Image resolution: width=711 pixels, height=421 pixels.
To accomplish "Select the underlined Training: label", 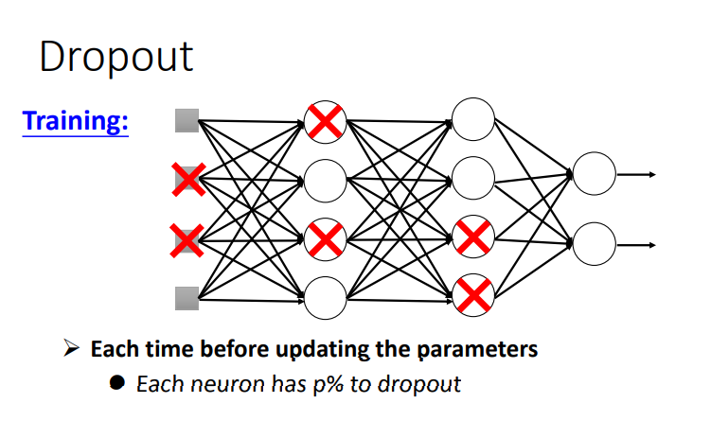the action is point(76,122).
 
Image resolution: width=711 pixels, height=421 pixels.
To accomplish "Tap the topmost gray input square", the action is point(187,121).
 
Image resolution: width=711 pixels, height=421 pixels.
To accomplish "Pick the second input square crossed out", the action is point(187,179).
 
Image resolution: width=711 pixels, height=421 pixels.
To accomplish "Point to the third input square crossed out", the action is point(187,239).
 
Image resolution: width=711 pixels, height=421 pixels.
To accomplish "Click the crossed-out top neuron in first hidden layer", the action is point(325,121).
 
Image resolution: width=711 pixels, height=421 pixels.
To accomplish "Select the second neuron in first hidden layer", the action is point(325,179).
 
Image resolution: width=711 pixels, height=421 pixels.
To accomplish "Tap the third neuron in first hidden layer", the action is point(325,238).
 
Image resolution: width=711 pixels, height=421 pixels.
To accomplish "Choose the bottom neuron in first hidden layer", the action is point(325,297).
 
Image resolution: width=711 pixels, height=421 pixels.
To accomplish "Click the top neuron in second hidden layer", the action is point(473,119).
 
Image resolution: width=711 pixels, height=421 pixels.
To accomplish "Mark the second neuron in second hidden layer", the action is point(473,178).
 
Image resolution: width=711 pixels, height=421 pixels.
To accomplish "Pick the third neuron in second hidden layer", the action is point(473,237).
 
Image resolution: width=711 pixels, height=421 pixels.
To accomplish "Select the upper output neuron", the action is point(595,174).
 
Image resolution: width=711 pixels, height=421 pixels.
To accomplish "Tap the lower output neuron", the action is point(595,244).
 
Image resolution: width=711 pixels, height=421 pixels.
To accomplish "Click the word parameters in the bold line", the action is point(476,349).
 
